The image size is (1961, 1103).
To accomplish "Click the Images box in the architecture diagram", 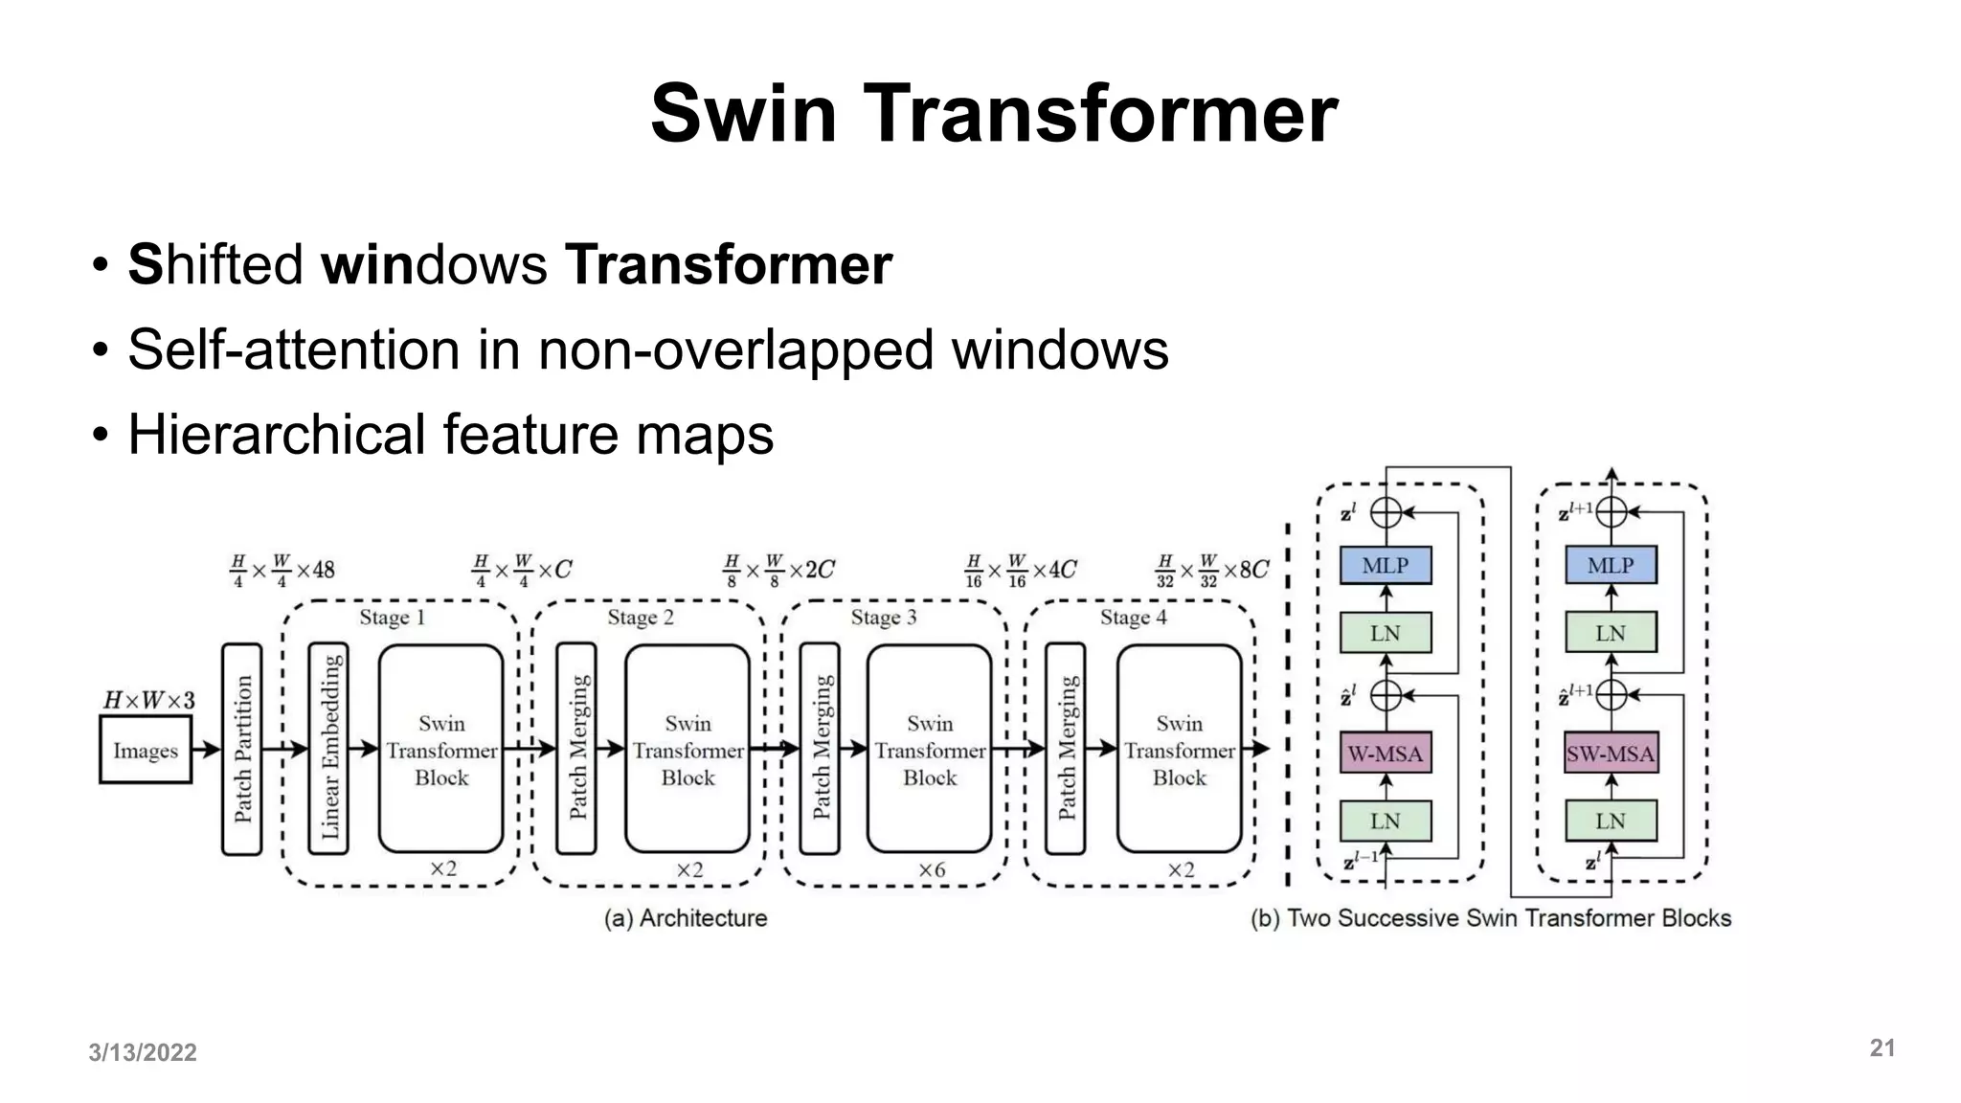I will pos(146,751).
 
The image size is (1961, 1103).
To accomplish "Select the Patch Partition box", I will pos(242,749).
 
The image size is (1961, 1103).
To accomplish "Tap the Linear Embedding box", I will pos(328,749).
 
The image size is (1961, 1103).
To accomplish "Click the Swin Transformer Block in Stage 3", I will pos(930,749).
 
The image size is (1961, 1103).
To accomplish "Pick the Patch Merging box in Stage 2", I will pos(576,749).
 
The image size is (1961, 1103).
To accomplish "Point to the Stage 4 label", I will pos(1133,618).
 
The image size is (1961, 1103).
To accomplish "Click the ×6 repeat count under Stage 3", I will pos(932,869).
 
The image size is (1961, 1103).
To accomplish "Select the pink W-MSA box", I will pos(1386,754).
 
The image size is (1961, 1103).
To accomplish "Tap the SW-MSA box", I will pos(1611,754).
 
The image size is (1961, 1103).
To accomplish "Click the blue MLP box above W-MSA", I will pos(1386,565).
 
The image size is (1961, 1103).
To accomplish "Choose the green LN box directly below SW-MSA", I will pos(1611,821).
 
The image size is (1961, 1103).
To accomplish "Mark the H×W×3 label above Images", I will pos(148,701).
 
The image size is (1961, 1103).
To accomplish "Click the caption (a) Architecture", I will pos(686,918).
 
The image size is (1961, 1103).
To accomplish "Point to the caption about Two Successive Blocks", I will pos(1491,918).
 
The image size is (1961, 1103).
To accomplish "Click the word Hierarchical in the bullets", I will pos(277,435).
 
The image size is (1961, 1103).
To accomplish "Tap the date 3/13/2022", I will pos(143,1052).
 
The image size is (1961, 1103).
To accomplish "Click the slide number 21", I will pos(1882,1048).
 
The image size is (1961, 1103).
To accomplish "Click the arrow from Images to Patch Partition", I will pos(207,750).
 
